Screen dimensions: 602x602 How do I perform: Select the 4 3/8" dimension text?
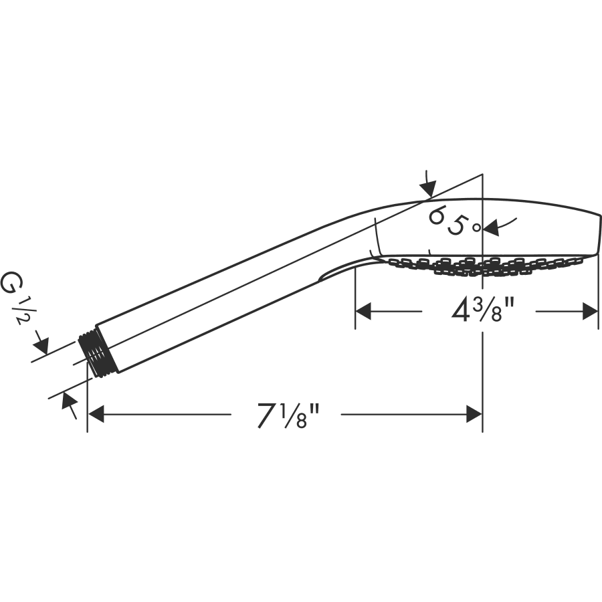pyautogui.click(x=482, y=310)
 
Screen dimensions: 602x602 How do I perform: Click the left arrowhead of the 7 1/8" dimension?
pyautogui.click(x=96, y=415)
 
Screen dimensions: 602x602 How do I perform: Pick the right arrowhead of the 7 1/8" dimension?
pyautogui.click(x=474, y=415)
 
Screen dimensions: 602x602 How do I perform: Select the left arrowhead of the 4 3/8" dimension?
pyautogui.click(x=363, y=310)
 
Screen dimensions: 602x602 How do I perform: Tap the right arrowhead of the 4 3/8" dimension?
pyautogui.click(x=590, y=310)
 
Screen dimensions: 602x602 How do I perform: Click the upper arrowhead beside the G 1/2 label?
pyautogui.click(x=41, y=345)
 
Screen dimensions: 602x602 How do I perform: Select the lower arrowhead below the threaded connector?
pyautogui.click(x=68, y=401)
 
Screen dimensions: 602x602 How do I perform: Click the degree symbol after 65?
pyautogui.click(x=476, y=227)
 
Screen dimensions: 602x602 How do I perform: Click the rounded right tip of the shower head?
pyautogui.click(x=599, y=234)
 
